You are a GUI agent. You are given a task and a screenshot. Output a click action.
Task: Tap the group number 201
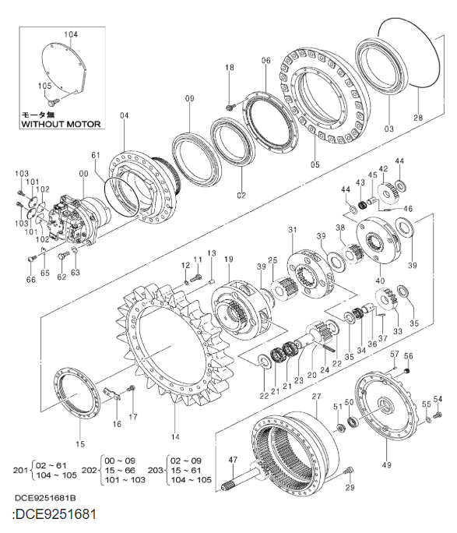point(21,470)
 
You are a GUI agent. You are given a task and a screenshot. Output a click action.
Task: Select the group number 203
point(158,470)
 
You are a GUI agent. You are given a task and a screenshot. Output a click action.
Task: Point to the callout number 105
point(44,86)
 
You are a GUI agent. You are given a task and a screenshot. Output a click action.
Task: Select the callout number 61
point(96,156)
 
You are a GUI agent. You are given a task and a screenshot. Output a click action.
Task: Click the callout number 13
point(210,254)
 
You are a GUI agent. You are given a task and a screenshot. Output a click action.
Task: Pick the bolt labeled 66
point(31,259)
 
